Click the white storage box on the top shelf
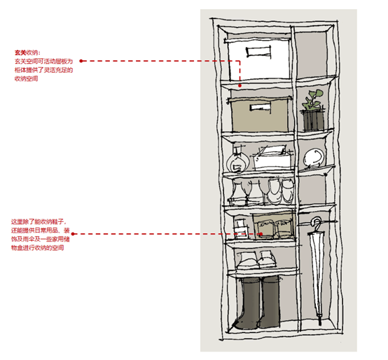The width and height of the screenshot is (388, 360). point(258,60)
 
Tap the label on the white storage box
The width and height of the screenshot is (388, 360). point(258,53)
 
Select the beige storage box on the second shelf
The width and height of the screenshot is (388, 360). point(259,115)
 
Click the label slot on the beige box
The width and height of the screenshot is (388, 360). point(260,107)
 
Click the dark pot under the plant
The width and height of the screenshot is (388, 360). point(314,120)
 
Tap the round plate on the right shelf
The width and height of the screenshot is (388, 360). point(314,158)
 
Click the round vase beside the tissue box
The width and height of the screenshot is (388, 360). point(237,161)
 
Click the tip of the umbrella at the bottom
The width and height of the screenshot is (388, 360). point(319,324)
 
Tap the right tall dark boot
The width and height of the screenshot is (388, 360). point(270,303)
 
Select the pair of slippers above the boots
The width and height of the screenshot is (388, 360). point(256,260)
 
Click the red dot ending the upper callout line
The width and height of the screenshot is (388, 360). point(240,85)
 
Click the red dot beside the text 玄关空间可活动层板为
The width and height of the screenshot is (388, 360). point(81,61)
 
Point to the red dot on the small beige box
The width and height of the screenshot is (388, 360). point(261,234)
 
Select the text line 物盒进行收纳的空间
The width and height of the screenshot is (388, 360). point(37,248)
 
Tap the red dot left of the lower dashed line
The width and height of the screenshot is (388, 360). point(73,234)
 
